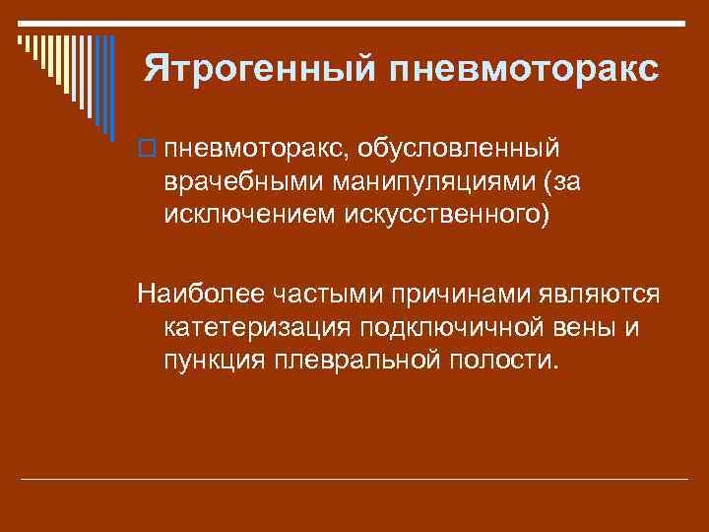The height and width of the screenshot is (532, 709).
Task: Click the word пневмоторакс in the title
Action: [525, 68]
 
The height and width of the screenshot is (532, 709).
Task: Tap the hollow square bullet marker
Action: [148, 149]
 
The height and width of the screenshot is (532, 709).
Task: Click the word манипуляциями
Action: [433, 181]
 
